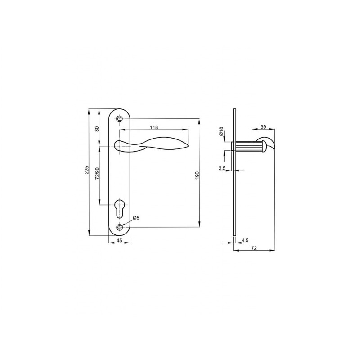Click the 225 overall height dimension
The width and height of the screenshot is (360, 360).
[x=86, y=170]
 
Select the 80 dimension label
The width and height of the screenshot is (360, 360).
[x=97, y=129]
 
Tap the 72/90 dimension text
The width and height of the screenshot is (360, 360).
[x=97, y=173]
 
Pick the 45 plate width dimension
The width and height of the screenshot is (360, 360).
[x=119, y=240]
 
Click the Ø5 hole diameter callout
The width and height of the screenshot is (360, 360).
[x=136, y=218]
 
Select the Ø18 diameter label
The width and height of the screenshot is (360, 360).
[x=221, y=131]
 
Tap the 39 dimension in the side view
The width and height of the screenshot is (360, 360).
[x=264, y=127]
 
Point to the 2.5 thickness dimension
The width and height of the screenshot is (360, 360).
[x=222, y=168]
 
